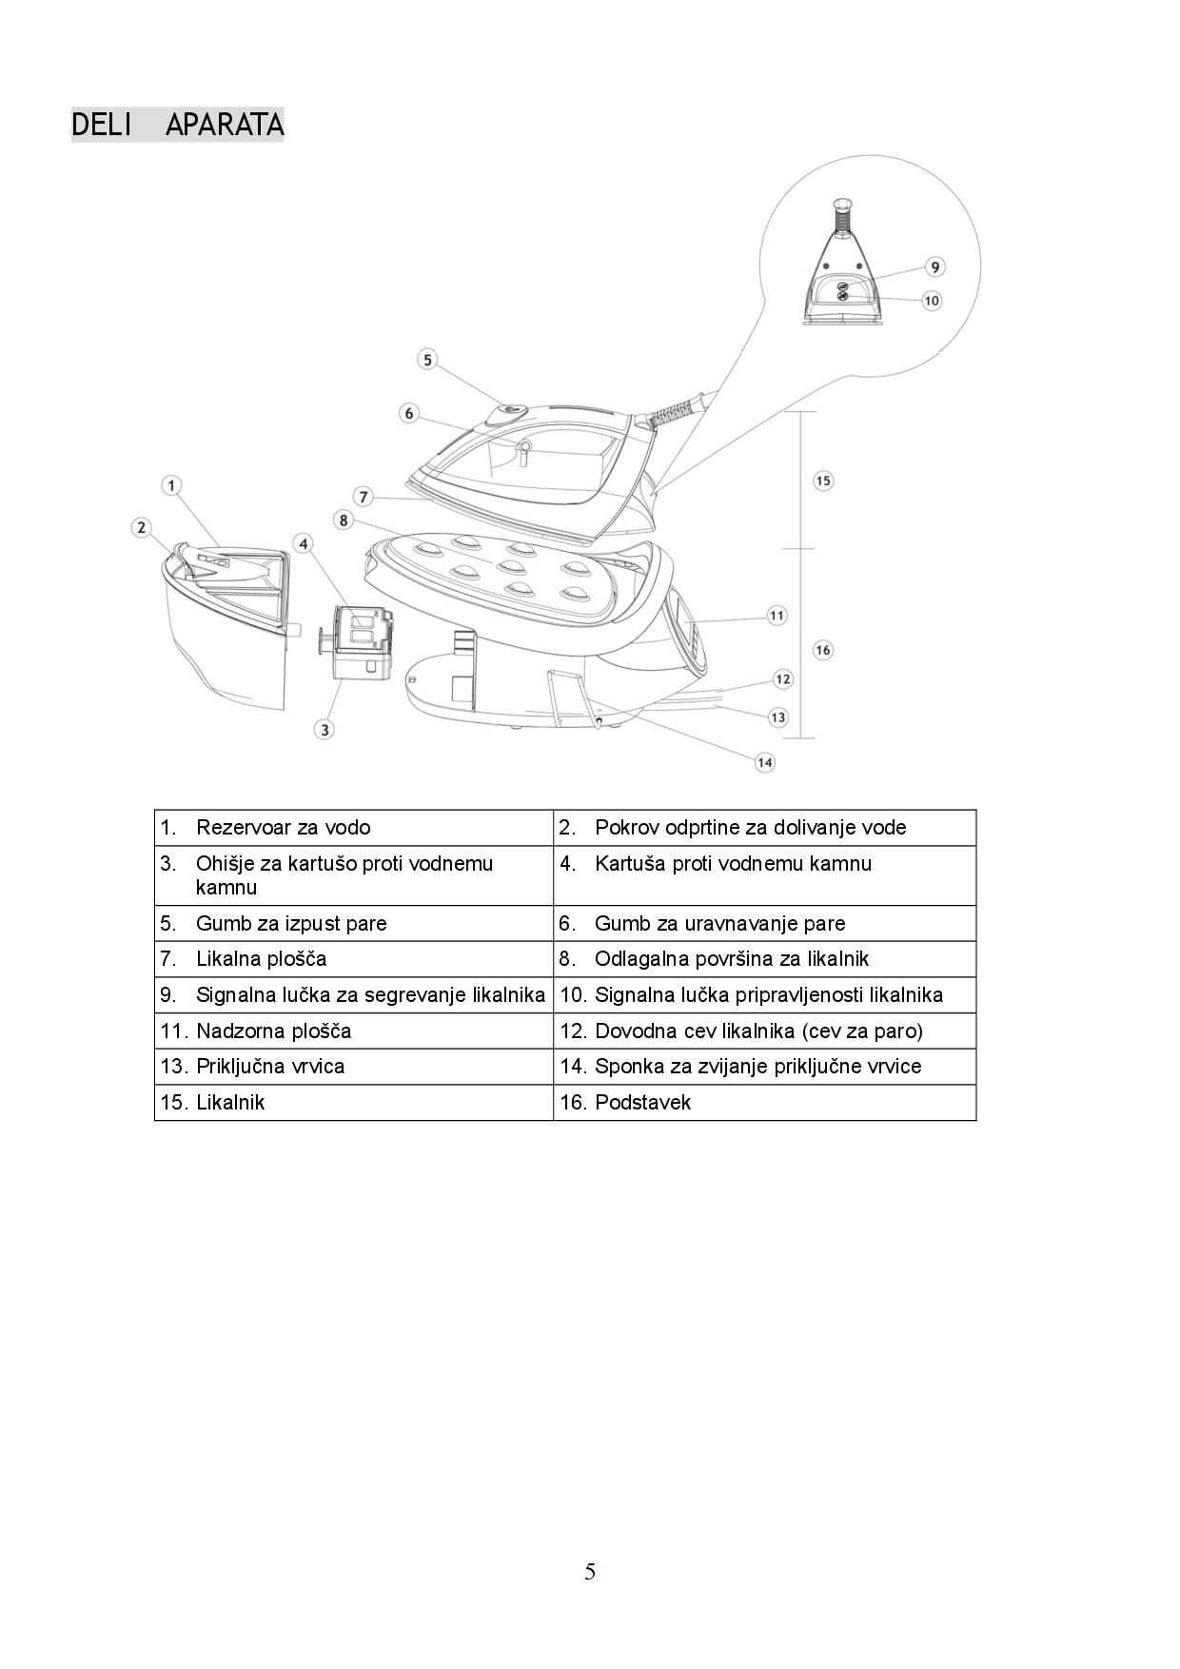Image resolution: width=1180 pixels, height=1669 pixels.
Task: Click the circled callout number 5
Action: (x=427, y=360)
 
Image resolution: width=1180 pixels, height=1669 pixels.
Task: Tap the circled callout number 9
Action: (x=934, y=267)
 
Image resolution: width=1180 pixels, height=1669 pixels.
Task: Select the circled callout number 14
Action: (x=764, y=762)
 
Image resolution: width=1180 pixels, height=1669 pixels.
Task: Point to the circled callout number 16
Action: (x=823, y=650)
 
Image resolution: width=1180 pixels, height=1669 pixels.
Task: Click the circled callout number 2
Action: (x=142, y=527)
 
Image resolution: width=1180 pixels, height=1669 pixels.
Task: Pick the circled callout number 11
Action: (x=777, y=616)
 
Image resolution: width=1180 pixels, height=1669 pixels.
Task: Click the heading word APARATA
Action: (x=225, y=125)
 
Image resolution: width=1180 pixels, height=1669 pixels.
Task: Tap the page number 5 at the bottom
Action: (x=590, y=1571)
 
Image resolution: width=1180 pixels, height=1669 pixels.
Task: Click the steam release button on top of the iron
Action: (x=509, y=411)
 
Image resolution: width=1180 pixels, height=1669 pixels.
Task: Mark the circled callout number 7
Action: (x=363, y=497)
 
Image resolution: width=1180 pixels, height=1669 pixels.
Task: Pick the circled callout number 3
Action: (x=324, y=730)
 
